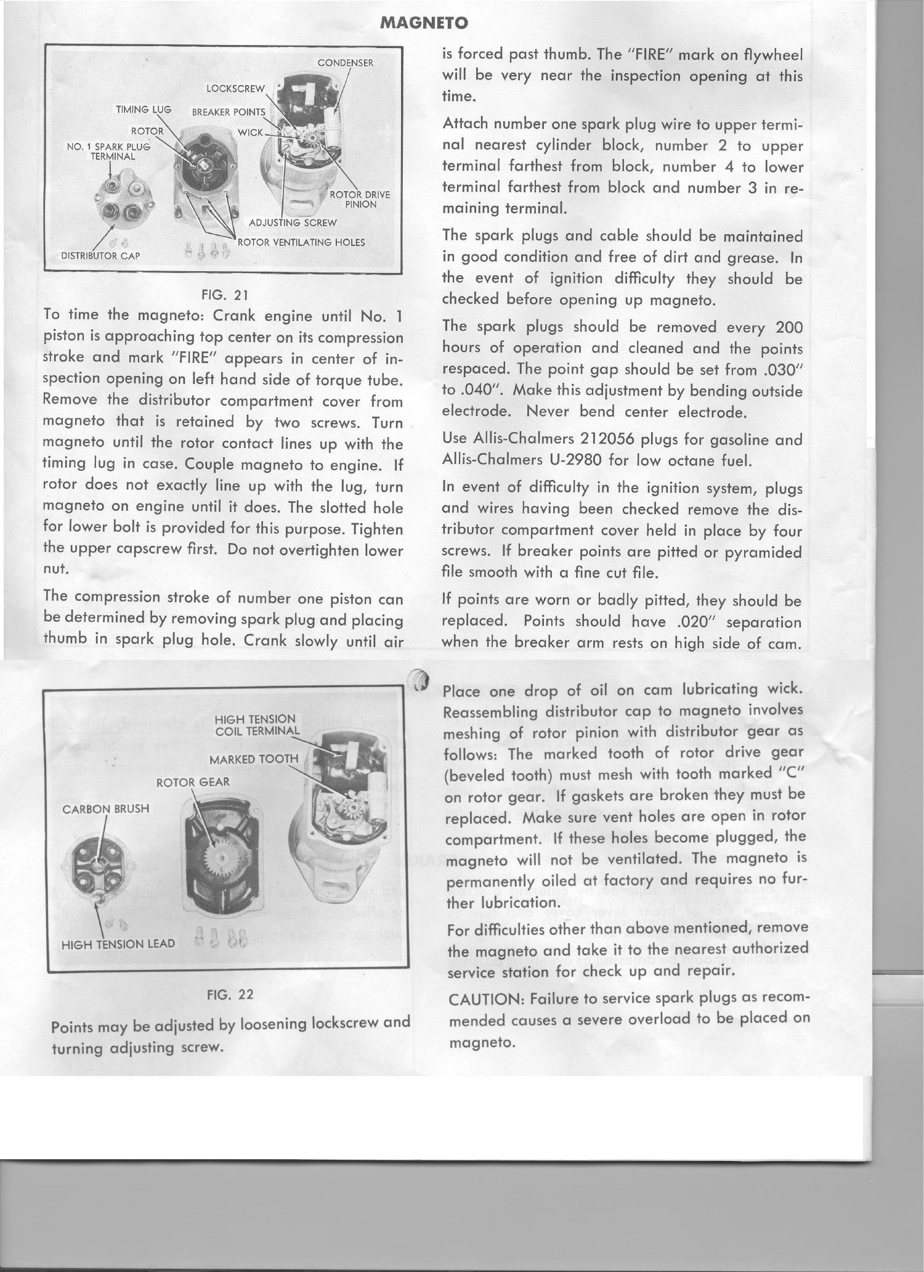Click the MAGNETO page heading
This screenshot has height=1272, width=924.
(x=424, y=23)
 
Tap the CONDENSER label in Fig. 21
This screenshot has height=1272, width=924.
(x=345, y=63)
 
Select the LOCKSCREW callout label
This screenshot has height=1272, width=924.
(x=235, y=88)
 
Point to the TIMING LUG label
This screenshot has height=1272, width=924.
(x=143, y=110)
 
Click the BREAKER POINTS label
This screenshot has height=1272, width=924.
(x=228, y=112)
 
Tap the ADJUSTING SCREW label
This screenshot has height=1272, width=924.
(x=293, y=222)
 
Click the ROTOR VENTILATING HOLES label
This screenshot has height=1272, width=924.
(x=301, y=242)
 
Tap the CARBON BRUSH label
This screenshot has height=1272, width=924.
(x=106, y=809)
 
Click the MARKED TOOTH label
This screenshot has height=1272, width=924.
(x=254, y=759)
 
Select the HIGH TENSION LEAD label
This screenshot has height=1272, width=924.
(x=118, y=944)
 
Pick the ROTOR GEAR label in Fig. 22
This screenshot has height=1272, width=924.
(x=193, y=782)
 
